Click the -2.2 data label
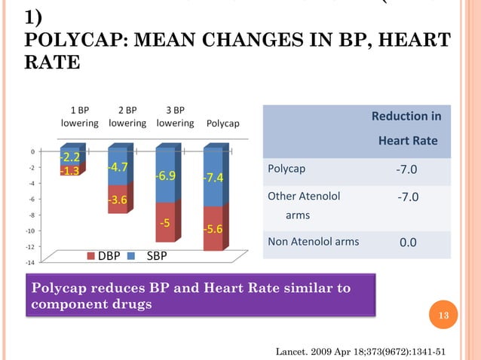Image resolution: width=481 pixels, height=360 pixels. point(70,157)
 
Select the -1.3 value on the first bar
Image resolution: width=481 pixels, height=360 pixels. point(70,171)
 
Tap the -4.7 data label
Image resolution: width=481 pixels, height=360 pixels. point(117,167)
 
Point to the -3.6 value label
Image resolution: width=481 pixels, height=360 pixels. point(117,200)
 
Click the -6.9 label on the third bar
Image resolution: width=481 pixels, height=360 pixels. point(165,175)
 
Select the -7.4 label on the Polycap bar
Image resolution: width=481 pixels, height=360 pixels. point(212,178)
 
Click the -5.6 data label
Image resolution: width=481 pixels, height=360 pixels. point(212,228)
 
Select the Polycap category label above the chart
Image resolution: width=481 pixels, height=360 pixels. point(222,124)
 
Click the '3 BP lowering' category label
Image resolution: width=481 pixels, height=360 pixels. point(174,117)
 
